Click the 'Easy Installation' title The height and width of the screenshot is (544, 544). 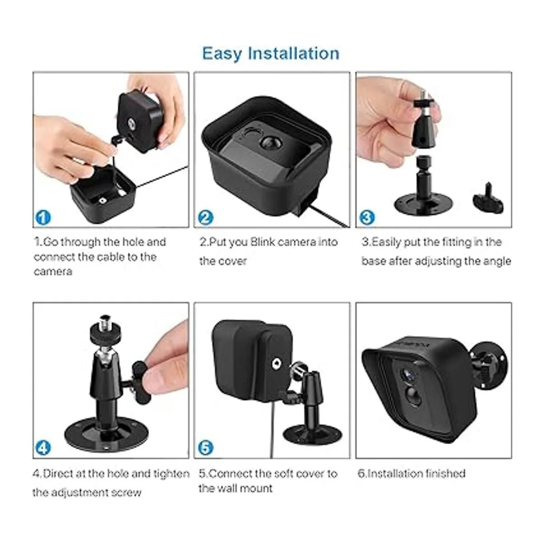[271, 53]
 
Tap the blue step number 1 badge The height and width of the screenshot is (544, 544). [43, 218]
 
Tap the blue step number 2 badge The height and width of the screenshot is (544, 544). [205, 218]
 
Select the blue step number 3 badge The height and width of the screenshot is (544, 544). [366, 218]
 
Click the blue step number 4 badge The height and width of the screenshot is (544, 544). [43, 448]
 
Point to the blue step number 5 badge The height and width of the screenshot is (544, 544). [205, 448]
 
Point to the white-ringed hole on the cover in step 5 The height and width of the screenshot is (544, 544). [275, 364]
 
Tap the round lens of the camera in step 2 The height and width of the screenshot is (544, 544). [270, 142]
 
